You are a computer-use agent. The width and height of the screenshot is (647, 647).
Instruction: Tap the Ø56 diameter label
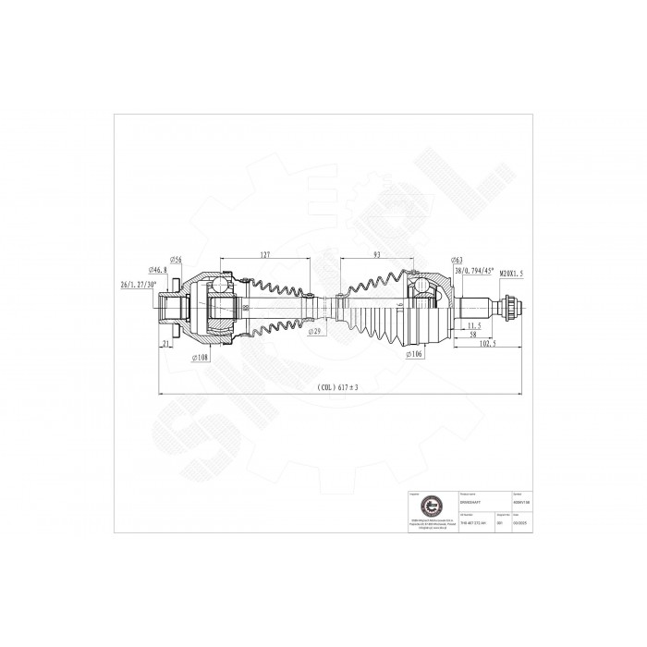(176, 260)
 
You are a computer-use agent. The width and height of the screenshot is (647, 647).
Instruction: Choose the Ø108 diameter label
(198, 356)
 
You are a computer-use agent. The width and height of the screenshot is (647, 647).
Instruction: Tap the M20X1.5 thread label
(517, 274)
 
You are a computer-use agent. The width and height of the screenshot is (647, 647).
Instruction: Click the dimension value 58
(473, 336)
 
